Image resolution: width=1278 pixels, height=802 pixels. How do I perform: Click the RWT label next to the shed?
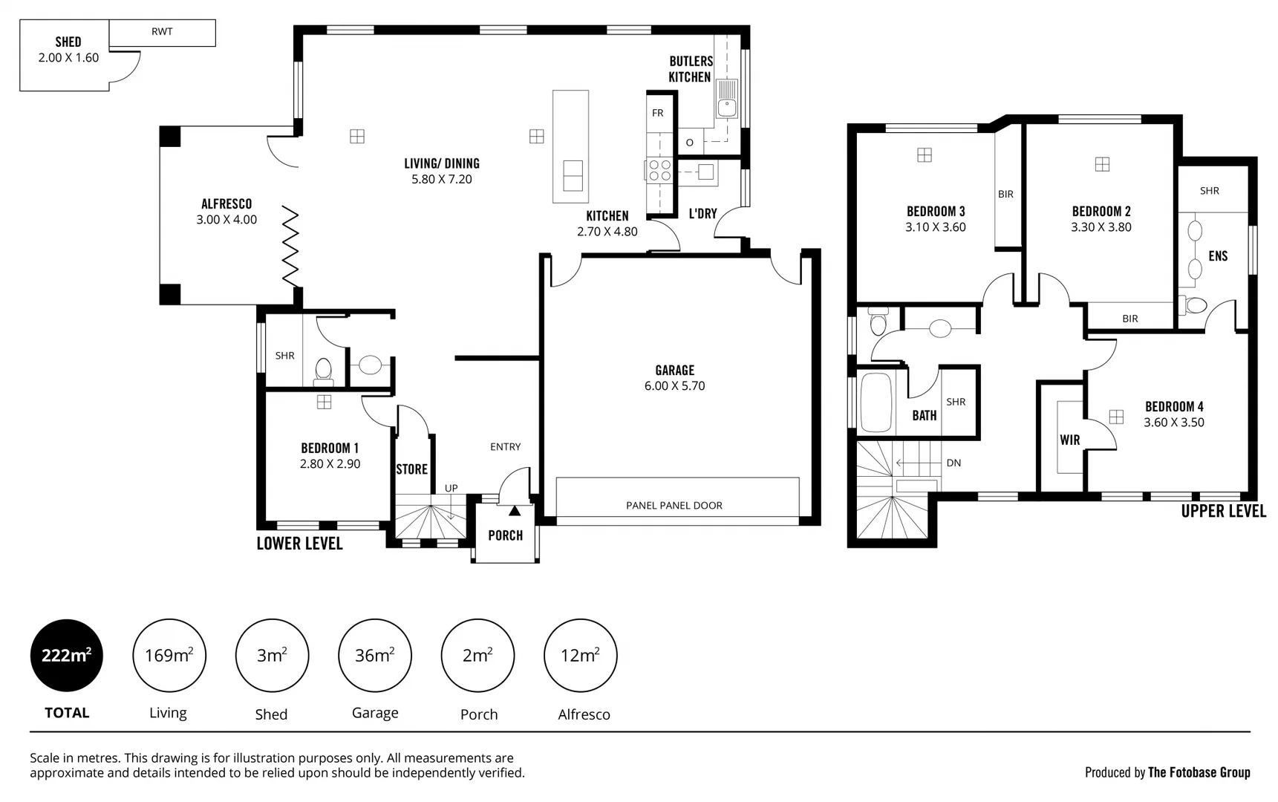tap(162, 32)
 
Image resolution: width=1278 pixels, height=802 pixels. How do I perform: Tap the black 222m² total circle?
tap(67, 655)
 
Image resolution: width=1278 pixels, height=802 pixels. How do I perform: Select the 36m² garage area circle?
tap(374, 655)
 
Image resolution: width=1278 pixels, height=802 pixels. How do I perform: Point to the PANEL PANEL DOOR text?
tap(674, 506)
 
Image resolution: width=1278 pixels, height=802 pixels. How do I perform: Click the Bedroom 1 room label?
tap(330, 448)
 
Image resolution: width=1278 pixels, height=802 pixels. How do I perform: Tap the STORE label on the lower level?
tap(411, 469)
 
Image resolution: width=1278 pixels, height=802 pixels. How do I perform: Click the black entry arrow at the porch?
tap(514, 511)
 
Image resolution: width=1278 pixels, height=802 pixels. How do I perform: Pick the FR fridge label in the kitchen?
tap(657, 114)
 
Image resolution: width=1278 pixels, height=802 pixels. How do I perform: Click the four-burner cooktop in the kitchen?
tap(659, 171)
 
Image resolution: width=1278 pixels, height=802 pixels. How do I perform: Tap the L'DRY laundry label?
tap(702, 214)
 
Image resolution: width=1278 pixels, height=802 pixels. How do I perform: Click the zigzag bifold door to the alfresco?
tap(290, 247)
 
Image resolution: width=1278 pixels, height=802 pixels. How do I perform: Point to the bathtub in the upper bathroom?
tap(876, 402)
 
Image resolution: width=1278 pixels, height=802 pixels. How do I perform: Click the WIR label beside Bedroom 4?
tap(1069, 440)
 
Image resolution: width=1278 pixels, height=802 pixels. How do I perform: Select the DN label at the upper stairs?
tap(953, 463)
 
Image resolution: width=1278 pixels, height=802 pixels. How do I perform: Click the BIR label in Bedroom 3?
tap(1005, 195)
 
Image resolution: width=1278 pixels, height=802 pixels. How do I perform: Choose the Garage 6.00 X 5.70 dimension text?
tap(674, 386)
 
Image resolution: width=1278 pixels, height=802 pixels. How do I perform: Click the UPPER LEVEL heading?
tap(1223, 512)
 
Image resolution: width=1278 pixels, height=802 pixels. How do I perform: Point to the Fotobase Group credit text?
tap(1198, 772)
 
